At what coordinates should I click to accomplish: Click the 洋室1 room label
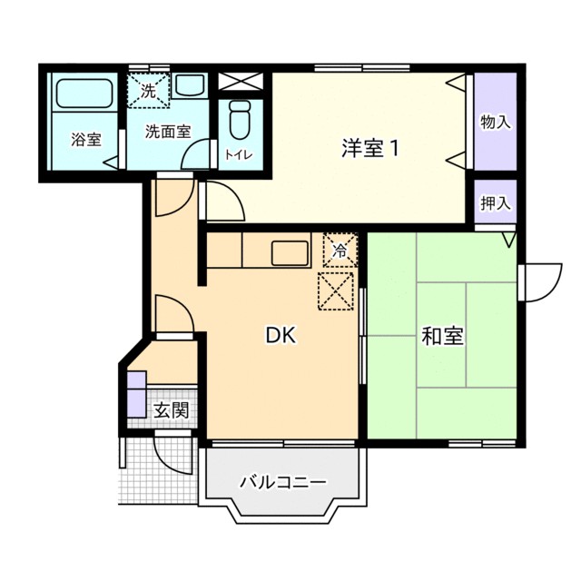pyautogui.click(x=370, y=147)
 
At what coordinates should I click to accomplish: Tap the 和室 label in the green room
pyautogui.click(x=442, y=337)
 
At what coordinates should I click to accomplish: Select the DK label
pyautogui.click(x=280, y=336)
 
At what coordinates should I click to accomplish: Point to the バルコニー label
pyautogui.click(x=282, y=481)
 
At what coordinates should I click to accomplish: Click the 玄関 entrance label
pyautogui.click(x=170, y=410)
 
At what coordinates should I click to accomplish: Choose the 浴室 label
pyautogui.click(x=86, y=140)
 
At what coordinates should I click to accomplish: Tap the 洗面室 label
pyautogui.click(x=168, y=130)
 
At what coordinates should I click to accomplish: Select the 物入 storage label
pyautogui.click(x=495, y=122)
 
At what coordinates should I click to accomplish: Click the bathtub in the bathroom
pyautogui.click(x=84, y=94)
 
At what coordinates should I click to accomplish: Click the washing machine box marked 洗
pyautogui.click(x=148, y=89)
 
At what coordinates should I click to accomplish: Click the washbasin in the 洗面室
pyautogui.click(x=191, y=87)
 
